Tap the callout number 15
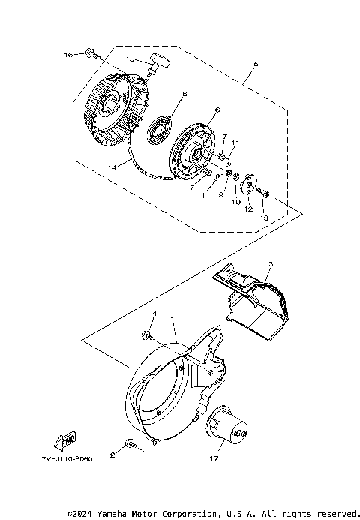(x=130, y=59)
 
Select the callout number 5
(x=256, y=65)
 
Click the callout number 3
(x=271, y=264)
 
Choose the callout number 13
(x=263, y=218)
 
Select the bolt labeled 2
(x=130, y=445)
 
